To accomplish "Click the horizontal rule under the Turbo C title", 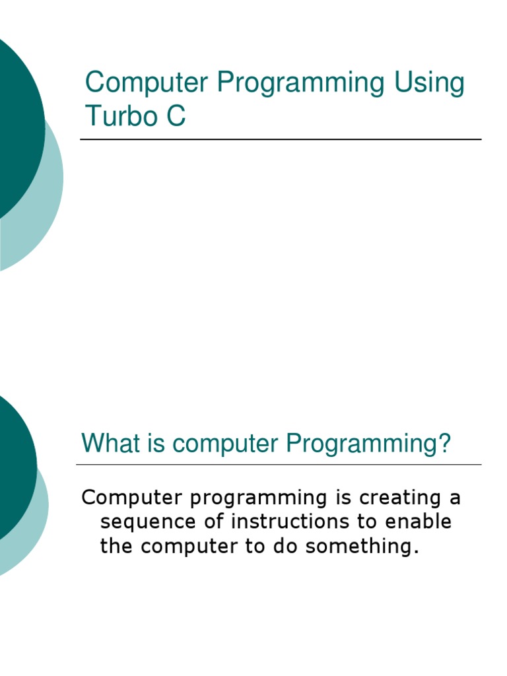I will coord(281,139).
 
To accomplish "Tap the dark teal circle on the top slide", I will coord(13,125).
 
